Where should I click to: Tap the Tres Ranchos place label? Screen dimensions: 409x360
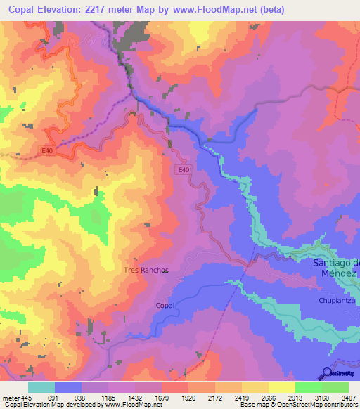(x=146, y=270)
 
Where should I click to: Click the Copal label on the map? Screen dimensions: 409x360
(x=165, y=306)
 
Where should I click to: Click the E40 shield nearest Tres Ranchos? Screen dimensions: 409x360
(x=184, y=169)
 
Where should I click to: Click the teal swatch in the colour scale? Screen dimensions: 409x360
(x=41, y=387)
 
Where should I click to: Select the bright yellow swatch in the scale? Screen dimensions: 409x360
(x=281, y=387)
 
